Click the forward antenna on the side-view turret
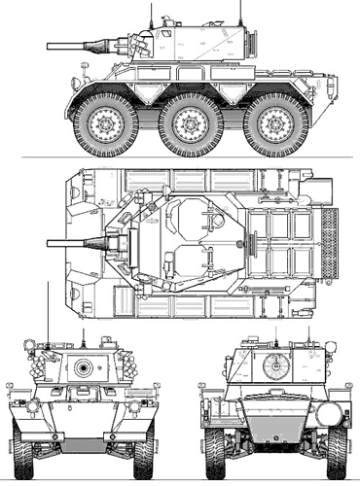coord(152,14)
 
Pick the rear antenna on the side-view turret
coord(239,12)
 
